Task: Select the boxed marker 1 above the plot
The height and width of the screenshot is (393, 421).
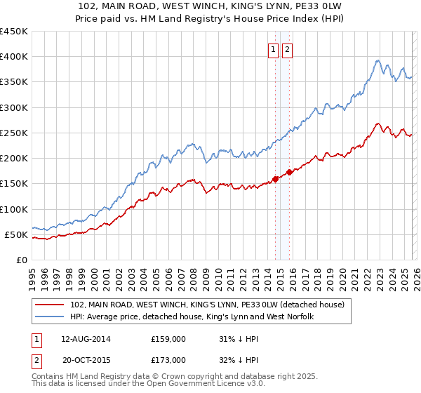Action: click(x=272, y=49)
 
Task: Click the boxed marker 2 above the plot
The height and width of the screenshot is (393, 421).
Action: click(x=288, y=49)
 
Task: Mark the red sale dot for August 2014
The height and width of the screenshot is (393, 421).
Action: click(x=275, y=179)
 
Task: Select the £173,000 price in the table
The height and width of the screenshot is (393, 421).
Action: click(x=168, y=359)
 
